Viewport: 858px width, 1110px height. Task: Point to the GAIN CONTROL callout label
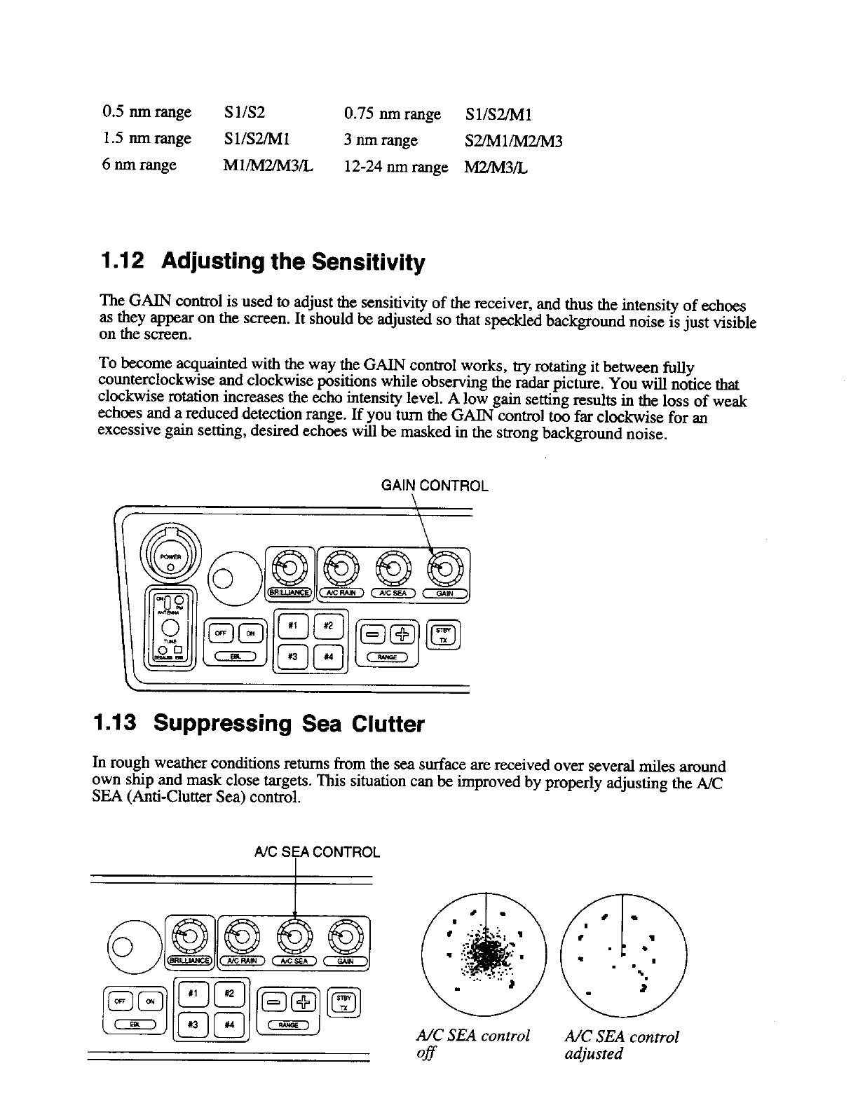tap(434, 486)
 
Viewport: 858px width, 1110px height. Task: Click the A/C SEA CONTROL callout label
tap(317, 852)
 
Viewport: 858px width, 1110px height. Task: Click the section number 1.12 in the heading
tap(123, 262)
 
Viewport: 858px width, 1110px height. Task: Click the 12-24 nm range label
tap(396, 167)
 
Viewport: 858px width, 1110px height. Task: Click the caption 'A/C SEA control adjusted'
tap(621, 1045)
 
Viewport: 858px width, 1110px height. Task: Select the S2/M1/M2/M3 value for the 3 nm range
tap(514, 141)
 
